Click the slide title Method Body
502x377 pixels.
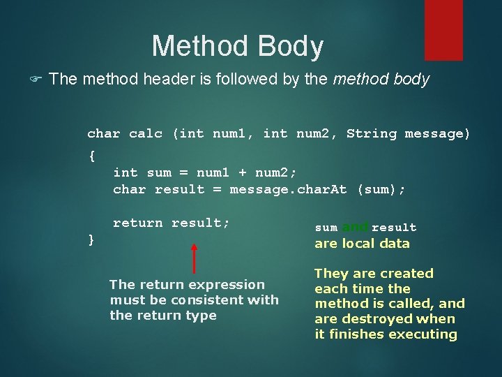pyautogui.click(x=237, y=47)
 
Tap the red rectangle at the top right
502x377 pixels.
pyautogui.click(x=443, y=29)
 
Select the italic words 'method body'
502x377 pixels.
pyautogui.click(x=381, y=80)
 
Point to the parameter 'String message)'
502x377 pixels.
pyautogui.click(x=408, y=133)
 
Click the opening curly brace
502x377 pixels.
pyautogui.click(x=91, y=156)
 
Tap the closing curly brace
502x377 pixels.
pyautogui.click(x=91, y=239)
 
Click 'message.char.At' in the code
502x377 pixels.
pyautogui.click(x=288, y=189)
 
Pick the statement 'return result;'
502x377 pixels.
pyautogui.click(x=171, y=223)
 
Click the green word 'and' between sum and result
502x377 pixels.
pyautogui.click(x=355, y=227)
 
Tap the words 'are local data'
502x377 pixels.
pyautogui.click(x=362, y=244)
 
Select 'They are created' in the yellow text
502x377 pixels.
pyautogui.click(x=374, y=273)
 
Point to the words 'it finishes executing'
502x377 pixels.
pyautogui.click(x=386, y=334)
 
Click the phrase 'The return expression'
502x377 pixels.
pyautogui.click(x=187, y=284)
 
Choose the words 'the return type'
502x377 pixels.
pyautogui.click(x=162, y=316)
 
